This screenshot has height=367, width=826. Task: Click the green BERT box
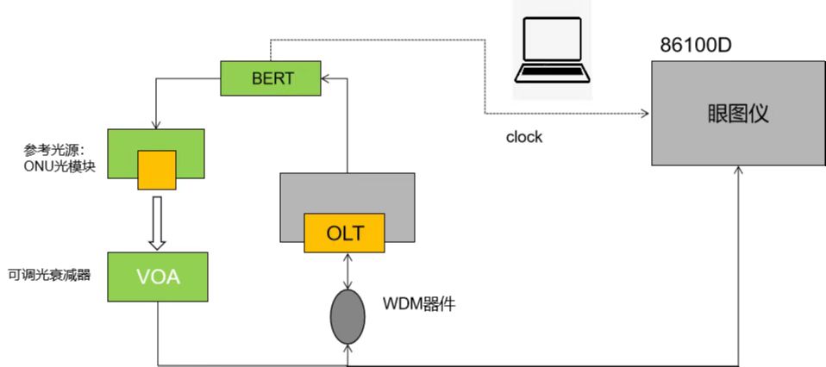point(271,78)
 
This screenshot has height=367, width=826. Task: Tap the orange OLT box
point(344,233)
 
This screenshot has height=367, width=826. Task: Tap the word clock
point(524,137)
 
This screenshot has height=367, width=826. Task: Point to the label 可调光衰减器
point(47,276)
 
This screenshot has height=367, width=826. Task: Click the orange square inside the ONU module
point(156,169)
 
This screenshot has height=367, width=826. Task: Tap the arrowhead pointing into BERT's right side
point(323,78)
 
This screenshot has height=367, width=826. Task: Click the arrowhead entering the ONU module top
point(156,124)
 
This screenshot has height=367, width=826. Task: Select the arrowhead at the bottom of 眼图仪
point(740,172)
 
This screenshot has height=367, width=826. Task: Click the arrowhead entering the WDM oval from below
point(346,346)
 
